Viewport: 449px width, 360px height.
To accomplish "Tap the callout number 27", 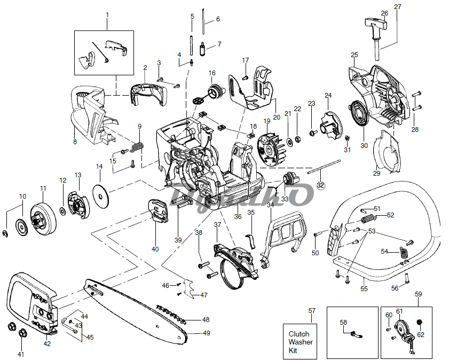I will [x=397, y=6].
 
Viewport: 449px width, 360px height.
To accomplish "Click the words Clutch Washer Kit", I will [x=301, y=342].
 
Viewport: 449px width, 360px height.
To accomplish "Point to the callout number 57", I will [x=312, y=310].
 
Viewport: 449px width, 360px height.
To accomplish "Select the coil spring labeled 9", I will [x=138, y=145].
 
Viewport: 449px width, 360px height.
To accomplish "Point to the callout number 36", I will [x=238, y=216].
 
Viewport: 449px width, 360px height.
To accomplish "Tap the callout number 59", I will [x=418, y=294].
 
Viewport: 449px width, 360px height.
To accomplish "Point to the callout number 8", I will [x=75, y=142].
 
